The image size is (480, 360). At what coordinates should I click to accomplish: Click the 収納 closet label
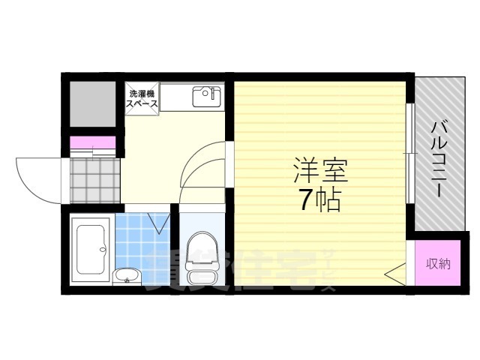(x=438, y=263)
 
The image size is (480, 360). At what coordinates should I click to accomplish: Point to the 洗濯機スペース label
(x=142, y=99)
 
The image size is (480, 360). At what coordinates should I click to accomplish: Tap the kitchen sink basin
(x=206, y=97)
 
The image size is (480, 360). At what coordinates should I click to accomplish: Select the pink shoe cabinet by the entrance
(x=93, y=142)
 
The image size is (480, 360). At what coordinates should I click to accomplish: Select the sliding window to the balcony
(x=409, y=153)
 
